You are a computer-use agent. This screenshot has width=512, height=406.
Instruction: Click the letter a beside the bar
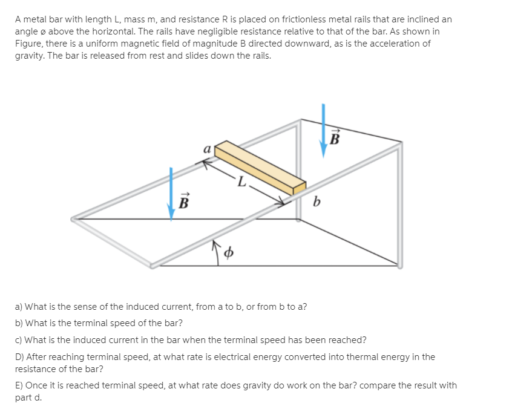[x=207, y=149]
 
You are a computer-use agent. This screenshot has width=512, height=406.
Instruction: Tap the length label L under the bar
[x=242, y=180]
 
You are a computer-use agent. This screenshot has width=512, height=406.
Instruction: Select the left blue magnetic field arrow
[x=172, y=194]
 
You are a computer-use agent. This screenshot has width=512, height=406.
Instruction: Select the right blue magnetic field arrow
[x=323, y=129]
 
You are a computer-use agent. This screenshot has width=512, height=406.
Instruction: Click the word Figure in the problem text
[x=28, y=44]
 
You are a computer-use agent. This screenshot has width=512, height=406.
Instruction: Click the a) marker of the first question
[x=19, y=306]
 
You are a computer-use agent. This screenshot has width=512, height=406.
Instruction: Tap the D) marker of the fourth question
[x=19, y=356]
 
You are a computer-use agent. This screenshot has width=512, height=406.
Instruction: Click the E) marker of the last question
[x=19, y=385]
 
